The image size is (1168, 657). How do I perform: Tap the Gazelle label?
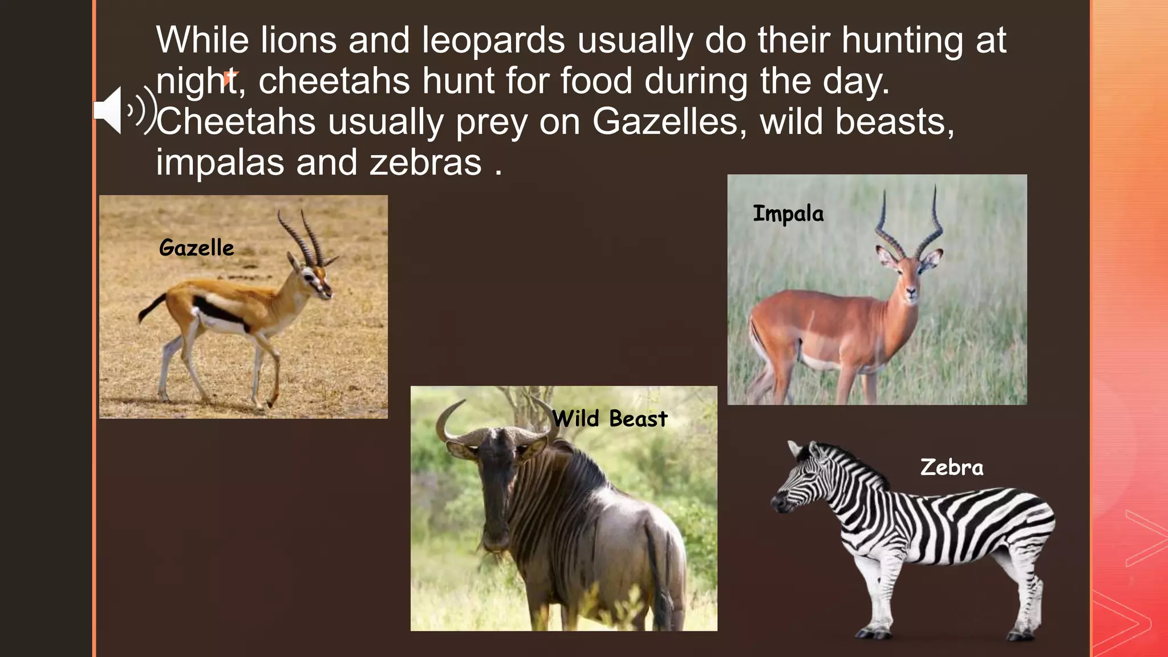coord(196,248)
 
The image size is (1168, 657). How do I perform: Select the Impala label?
coord(788,214)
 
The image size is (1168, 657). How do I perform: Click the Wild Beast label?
coord(609,419)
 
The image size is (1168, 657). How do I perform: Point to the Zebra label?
coord(951,468)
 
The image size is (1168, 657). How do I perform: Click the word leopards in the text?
coord(493,40)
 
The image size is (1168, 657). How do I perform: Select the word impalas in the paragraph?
coord(220,163)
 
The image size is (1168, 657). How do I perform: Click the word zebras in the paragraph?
coord(425,163)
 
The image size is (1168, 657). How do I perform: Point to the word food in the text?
coord(596,81)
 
